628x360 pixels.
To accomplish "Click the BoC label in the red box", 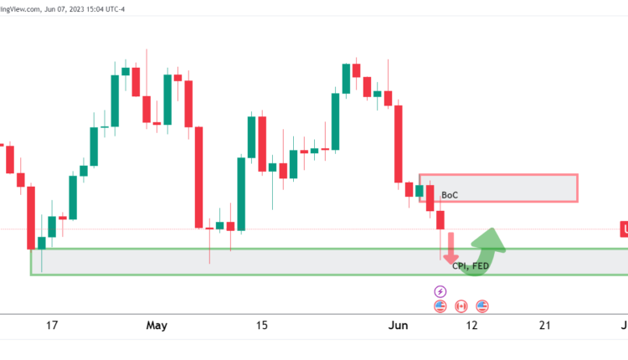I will [x=450, y=195].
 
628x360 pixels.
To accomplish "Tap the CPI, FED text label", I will [x=471, y=266].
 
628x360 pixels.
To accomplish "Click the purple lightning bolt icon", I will [x=440, y=291].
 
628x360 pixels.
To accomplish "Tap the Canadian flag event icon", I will [x=461, y=306].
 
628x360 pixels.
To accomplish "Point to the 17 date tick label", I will [x=52, y=326].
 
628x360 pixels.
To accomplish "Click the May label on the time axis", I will [x=156, y=326].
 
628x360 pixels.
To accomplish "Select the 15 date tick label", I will [x=261, y=326].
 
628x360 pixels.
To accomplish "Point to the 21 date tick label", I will [x=546, y=326].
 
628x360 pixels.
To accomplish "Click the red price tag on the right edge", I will [x=624, y=229].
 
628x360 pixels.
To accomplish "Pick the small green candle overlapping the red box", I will [x=420, y=190].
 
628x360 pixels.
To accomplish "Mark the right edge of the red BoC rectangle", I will [x=578, y=188].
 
